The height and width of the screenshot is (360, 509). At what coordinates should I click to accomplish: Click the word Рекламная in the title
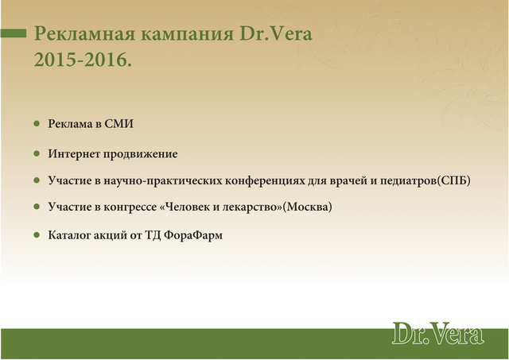tap(84, 33)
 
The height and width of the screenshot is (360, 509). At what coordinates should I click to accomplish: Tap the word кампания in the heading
tap(187, 33)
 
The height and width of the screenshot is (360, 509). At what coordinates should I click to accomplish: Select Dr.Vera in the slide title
tap(276, 33)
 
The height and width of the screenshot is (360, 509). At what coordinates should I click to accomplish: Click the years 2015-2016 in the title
tap(83, 60)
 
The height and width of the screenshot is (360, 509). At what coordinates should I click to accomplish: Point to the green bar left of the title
tap(14, 33)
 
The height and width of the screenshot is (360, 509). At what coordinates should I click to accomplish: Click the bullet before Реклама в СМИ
tap(37, 123)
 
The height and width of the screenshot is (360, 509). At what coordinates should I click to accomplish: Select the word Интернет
tap(74, 153)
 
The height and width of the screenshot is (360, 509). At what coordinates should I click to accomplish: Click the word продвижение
tap(141, 154)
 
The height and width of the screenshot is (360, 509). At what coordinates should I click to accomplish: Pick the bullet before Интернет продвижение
tap(37, 153)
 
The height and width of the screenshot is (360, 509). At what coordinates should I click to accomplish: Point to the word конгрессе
tap(130, 207)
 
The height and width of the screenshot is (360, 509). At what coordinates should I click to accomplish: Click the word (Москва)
tap(308, 207)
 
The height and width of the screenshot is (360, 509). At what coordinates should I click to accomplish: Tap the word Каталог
tap(69, 235)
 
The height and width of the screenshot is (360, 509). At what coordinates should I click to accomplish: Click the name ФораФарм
tap(193, 235)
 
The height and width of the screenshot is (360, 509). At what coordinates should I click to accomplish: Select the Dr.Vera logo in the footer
tap(438, 333)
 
